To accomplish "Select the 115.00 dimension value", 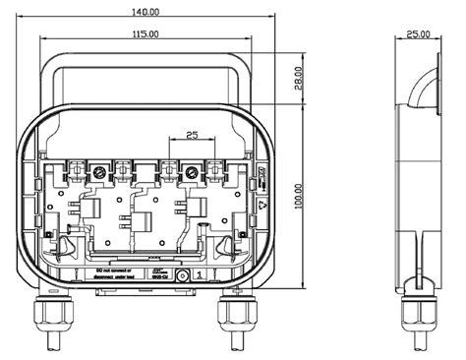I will (x=144, y=34).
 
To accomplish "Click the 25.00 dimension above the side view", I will (x=417, y=34).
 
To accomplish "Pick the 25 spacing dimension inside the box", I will (x=191, y=135).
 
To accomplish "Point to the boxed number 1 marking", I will (x=200, y=276).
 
